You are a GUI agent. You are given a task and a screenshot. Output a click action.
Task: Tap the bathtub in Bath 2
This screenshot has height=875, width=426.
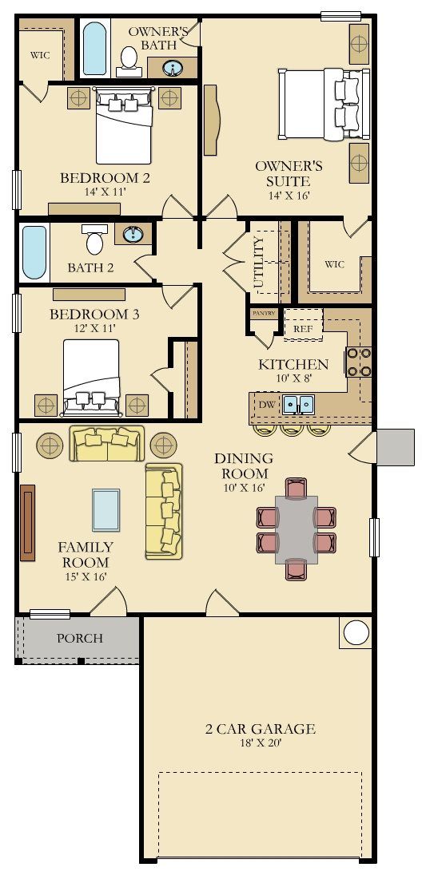point(34,252)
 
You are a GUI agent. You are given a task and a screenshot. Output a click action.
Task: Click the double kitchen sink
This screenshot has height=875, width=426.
point(298,403)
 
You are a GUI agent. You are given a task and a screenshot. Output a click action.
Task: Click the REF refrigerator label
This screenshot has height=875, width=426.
point(303,329)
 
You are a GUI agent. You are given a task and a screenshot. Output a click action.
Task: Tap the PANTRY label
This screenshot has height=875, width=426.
point(263,313)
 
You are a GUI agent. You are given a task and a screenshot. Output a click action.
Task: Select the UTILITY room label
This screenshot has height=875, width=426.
point(258,263)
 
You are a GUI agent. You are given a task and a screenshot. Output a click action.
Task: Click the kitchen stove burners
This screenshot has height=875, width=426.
point(359,362)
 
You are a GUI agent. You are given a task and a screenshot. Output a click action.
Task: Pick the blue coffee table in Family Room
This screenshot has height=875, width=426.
point(106,509)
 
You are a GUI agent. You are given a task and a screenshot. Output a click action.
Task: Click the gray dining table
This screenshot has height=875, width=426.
point(297,529)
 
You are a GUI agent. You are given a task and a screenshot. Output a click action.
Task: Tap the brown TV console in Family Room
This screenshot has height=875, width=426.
point(27,522)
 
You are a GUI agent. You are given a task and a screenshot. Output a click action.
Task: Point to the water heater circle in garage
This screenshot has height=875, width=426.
point(356,633)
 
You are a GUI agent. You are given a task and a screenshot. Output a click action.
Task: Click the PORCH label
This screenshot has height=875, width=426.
point(80,638)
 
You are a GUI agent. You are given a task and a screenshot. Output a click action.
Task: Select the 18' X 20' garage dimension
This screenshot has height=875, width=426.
point(261,743)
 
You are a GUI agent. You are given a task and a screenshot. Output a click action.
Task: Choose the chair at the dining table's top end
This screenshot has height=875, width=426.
point(296,487)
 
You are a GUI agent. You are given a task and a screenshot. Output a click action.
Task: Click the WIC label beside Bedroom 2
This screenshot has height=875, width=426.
point(40,56)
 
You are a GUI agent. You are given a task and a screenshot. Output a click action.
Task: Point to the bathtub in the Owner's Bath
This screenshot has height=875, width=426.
point(95,47)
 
